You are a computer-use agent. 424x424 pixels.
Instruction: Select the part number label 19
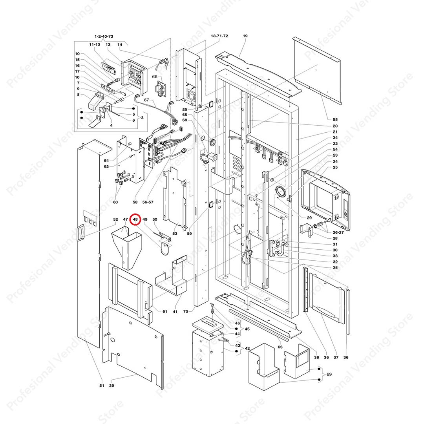coord(245,36)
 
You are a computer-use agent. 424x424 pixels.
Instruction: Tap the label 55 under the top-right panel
coord(335,119)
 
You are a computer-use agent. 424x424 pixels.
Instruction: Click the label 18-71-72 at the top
coord(219,36)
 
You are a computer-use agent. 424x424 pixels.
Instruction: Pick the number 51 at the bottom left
coord(102,386)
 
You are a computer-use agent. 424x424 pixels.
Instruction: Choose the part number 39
coord(111,386)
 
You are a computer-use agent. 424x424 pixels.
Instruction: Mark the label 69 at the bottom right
coord(329,375)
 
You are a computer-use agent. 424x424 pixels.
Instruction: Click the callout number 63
coord(280,347)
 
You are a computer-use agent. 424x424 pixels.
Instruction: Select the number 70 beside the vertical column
coord(186,311)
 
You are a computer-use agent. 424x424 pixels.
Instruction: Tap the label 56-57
coord(150,202)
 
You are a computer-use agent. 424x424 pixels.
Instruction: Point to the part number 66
coord(154,77)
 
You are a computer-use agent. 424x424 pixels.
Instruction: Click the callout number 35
coord(335,267)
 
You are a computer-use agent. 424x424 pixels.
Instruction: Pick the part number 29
coord(309,217)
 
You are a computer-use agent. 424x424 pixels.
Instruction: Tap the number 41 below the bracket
coord(175,311)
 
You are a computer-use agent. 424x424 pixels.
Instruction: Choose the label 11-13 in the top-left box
coord(95,45)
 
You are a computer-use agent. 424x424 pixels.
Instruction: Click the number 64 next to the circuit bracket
coord(106,160)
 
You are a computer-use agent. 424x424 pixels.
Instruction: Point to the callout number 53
coord(175,234)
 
